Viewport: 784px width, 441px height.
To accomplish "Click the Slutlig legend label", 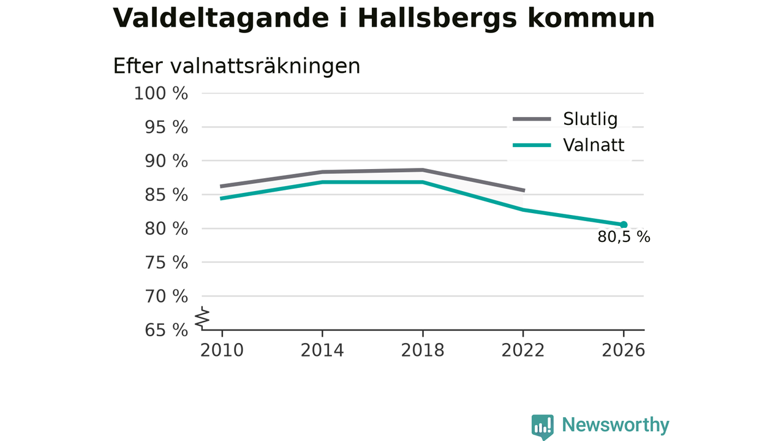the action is pos(590,119).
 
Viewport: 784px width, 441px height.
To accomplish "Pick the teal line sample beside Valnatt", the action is pos(532,145).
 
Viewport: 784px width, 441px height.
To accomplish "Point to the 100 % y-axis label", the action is pos(161,94).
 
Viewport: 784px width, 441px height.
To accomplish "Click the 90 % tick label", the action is pos(166,161).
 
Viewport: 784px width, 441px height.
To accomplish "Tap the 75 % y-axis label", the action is pos(166,263).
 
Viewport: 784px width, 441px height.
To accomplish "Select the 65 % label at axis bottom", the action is pos(166,330).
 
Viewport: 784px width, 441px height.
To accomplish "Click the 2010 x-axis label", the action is pos(222,350).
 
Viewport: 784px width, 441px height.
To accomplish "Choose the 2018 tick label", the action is pos(423,350).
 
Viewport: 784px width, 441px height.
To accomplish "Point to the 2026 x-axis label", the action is pos(623,350).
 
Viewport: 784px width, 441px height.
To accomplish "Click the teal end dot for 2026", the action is pos(624,225).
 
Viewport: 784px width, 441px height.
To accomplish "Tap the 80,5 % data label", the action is pos(624,237).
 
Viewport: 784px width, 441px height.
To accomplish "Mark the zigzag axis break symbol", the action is pos(202,318).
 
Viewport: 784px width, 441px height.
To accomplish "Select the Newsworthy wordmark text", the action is pos(616,425).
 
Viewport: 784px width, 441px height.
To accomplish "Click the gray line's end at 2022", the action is pos(524,190).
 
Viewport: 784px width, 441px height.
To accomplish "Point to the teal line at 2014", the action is pos(322,182).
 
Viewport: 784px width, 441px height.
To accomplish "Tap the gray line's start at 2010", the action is pos(221,187).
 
